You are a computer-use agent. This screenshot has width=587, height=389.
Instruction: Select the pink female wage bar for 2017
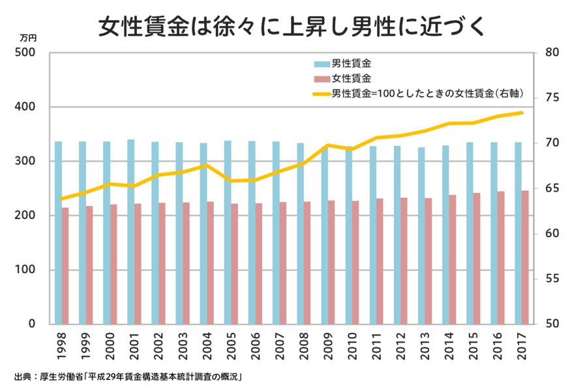tap(525, 257)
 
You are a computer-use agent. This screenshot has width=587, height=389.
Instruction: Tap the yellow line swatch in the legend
tap(322, 94)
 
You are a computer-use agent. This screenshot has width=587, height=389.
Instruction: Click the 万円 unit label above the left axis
tap(29, 38)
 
